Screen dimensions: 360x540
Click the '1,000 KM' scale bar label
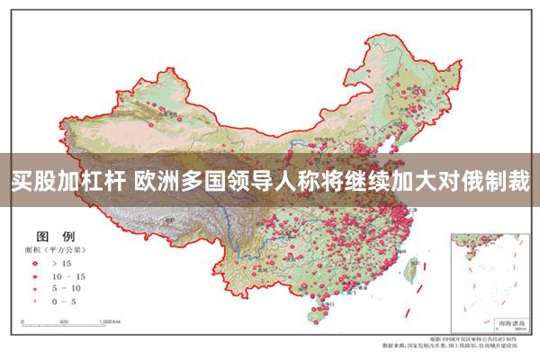(x=112, y=321)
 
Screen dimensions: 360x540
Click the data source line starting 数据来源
(x=460, y=345)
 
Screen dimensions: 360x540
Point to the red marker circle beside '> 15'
(x=36, y=263)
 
